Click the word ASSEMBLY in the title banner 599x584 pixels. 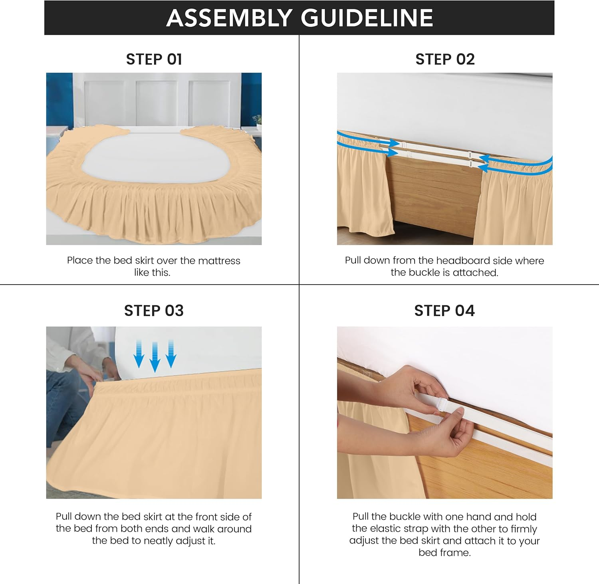(x=229, y=18)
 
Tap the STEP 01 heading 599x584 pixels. (x=154, y=59)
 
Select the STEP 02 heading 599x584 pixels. (x=445, y=59)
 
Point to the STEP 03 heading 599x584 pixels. (x=154, y=311)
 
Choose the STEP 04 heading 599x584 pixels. (x=444, y=311)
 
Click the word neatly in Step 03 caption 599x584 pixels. (x=161, y=541)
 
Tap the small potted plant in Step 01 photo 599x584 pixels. (x=257, y=120)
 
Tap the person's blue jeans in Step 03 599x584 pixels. (x=64, y=403)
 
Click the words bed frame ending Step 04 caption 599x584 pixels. (x=444, y=553)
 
